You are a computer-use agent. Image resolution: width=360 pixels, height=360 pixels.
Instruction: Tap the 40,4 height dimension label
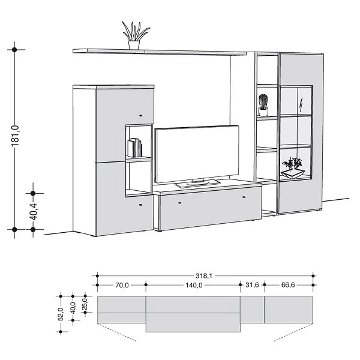pos(34,211)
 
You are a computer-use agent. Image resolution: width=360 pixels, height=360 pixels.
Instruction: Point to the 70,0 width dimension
pos(122,286)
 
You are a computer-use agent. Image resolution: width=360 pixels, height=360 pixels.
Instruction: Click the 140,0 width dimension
pos(194,286)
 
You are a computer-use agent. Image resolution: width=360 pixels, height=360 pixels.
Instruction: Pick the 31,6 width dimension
pos(253,286)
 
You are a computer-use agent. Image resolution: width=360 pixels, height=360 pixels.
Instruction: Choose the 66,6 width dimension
pos(289,286)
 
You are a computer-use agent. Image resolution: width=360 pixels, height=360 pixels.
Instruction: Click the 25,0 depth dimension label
pos(85,304)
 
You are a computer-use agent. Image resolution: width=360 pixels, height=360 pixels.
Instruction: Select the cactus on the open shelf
pos(262,104)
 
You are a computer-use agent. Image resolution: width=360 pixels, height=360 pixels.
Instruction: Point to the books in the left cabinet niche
pos(136,148)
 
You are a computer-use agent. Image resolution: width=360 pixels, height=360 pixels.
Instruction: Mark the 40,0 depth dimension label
pos(73,307)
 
